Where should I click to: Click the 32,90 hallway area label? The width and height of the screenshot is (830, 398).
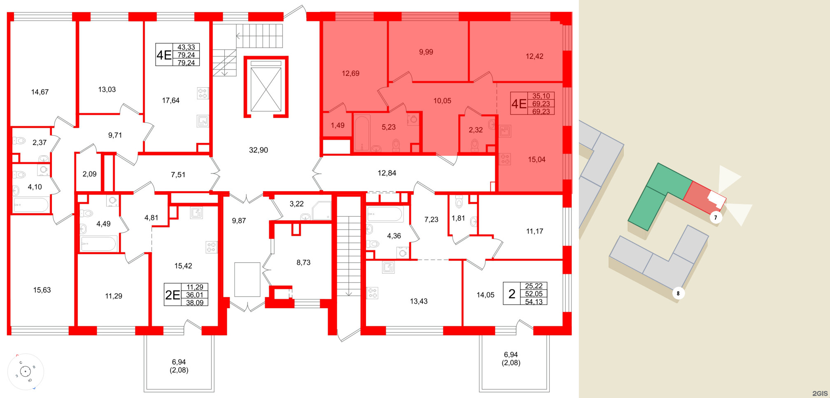pos(258,150)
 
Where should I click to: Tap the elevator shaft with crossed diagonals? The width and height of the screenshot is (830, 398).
pos(266,89)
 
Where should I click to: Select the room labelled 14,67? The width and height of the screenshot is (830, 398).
pos(40,92)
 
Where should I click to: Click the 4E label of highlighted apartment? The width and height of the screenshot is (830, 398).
pos(519,103)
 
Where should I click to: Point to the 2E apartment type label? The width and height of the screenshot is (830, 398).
pos(173,295)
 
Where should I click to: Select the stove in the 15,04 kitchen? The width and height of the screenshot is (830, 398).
pos(505,159)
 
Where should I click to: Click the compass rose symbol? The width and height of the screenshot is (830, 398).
pos(26,372)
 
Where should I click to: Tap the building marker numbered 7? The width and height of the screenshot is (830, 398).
pos(716,218)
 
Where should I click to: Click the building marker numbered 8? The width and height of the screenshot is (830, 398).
pos(678,293)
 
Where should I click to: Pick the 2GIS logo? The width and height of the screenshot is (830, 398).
pos(820,393)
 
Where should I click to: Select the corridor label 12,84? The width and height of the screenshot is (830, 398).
pos(387,173)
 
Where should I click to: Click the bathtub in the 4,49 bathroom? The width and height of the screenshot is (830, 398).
pos(99,244)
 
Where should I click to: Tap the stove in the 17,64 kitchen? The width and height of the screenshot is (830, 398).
pos(203,94)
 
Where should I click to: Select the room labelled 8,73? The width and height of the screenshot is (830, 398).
pos(303,262)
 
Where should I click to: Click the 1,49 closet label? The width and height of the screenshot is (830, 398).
pos(337,125)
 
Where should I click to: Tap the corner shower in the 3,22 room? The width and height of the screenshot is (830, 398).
pos(322,211)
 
